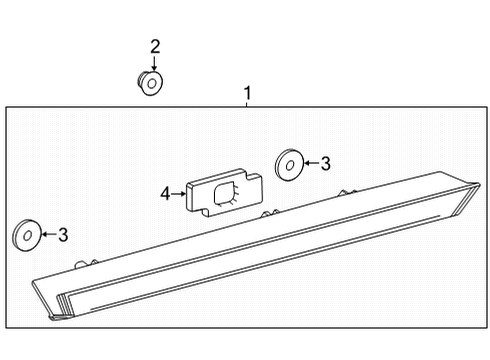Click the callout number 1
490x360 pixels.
click(x=247, y=94)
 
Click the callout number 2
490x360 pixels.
click(x=155, y=46)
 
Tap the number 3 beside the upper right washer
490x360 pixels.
click(x=325, y=163)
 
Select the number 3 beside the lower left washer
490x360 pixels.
click(x=63, y=235)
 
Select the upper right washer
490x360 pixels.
click(x=288, y=162)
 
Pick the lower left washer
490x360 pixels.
click(x=26, y=236)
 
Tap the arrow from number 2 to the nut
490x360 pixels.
click(x=154, y=64)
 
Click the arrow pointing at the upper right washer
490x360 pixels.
click(x=309, y=163)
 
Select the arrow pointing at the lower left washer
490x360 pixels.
click(x=47, y=236)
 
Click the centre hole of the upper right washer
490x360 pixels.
click(x=288, y=162)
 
